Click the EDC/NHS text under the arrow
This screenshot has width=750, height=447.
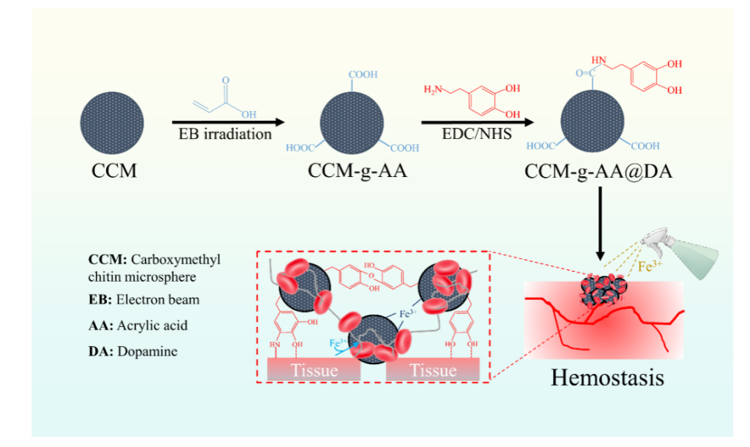tap(471, 134)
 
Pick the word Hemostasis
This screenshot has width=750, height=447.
tap(607, 378)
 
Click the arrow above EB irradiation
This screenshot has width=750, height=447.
tap(227, 122)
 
